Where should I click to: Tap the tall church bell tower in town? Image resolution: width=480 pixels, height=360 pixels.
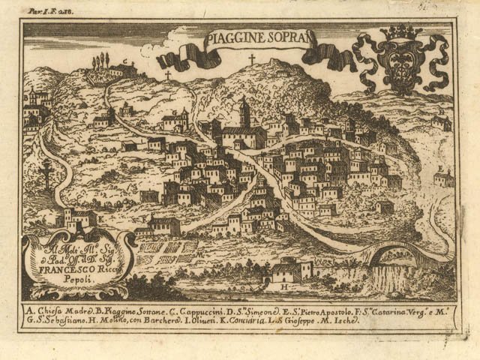point(244,114)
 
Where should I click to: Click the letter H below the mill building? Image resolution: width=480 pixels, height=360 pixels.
point(284,286)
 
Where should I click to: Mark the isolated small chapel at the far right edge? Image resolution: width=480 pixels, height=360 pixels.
point(444,178)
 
